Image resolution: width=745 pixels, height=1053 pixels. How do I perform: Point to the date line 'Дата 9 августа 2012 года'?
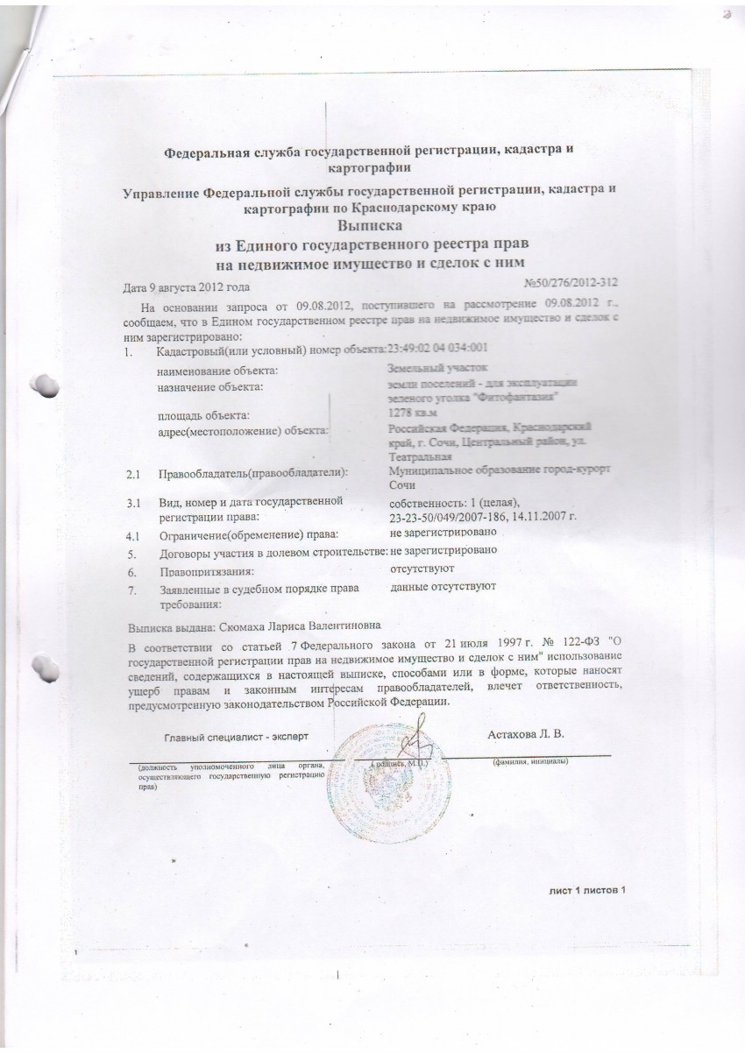189,287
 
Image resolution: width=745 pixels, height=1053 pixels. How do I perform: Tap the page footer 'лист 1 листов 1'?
588,890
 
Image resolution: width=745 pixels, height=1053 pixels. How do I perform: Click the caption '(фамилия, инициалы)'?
530,761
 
